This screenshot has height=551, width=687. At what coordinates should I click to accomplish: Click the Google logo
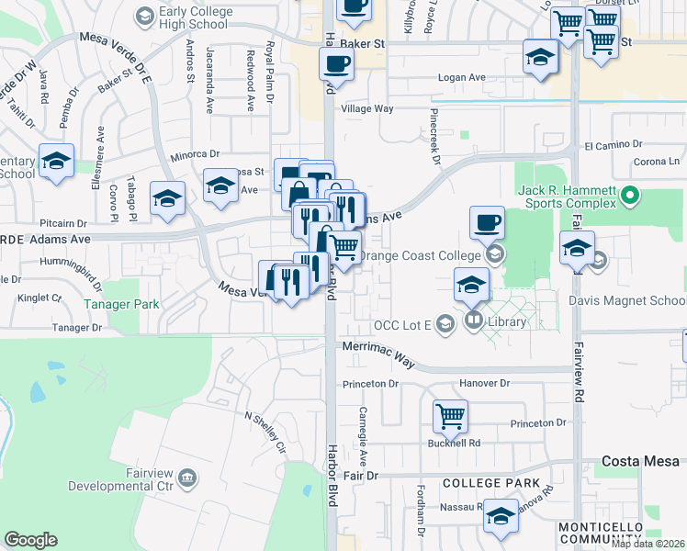31,539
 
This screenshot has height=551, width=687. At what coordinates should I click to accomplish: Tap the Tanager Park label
122,304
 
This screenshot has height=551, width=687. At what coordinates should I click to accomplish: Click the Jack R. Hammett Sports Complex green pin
630,195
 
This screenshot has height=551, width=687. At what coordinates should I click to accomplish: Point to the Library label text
507,321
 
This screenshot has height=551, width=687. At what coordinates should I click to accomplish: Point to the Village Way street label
367,108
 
